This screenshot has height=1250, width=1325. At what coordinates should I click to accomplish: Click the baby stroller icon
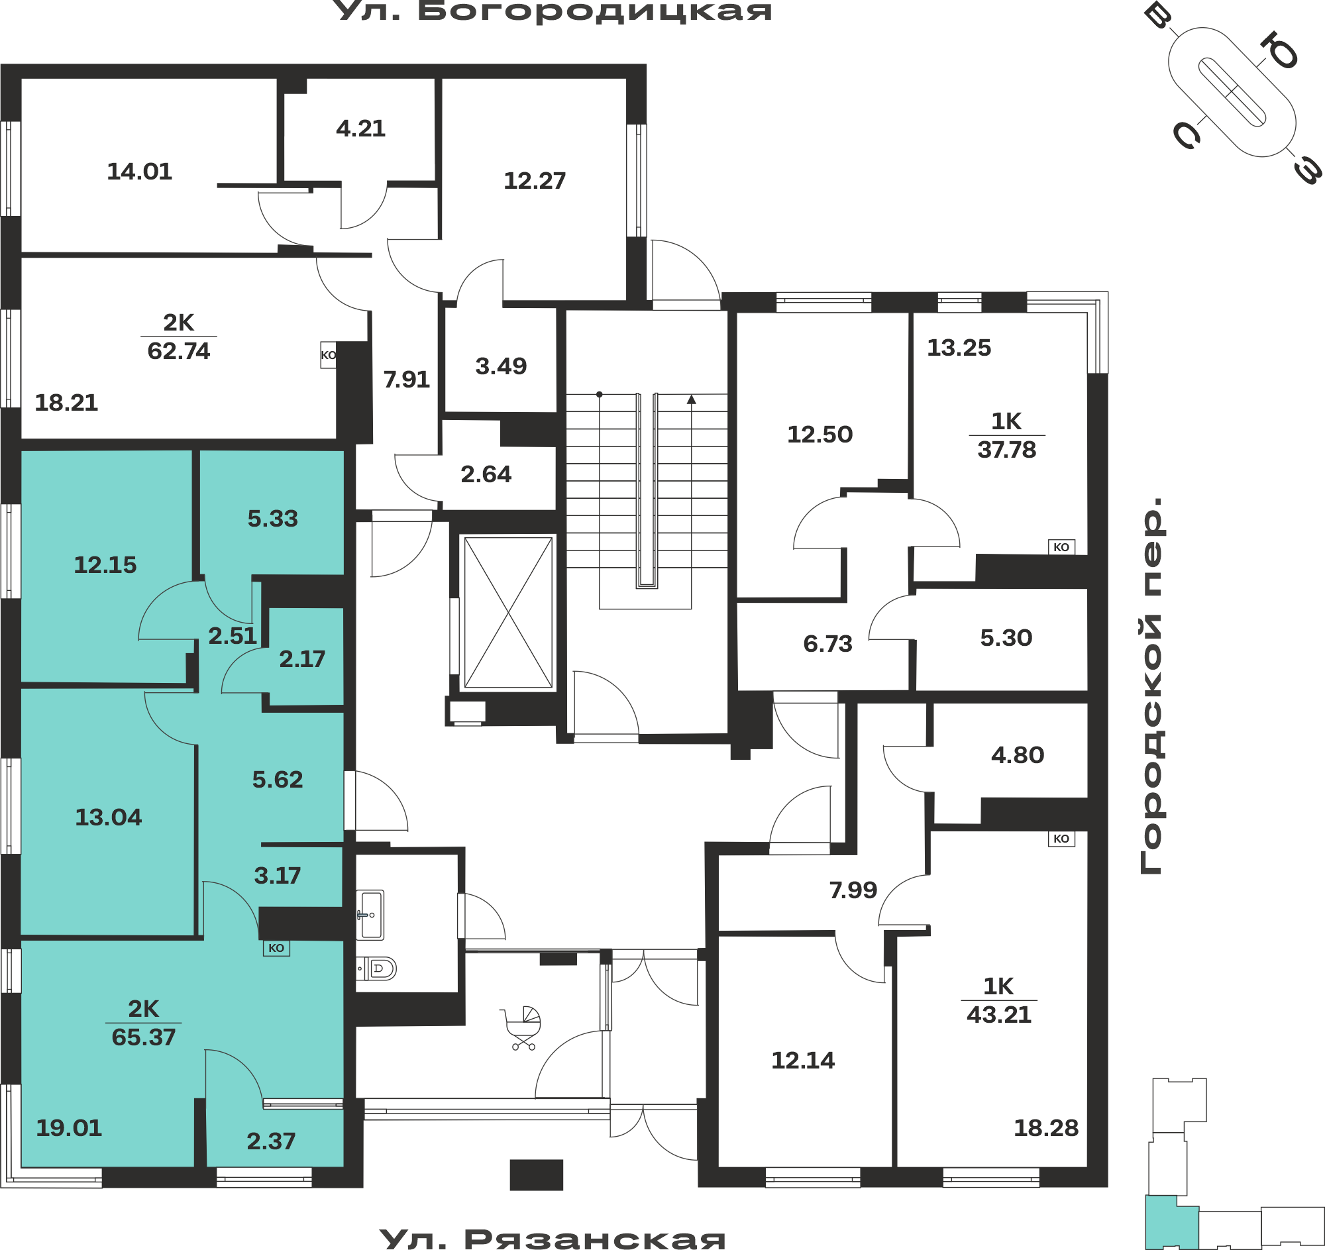(x=521, y=1028)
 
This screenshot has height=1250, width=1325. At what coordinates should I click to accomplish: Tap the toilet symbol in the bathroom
(x=377, y=968)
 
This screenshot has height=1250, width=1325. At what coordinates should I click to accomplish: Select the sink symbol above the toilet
(x=370, y=915)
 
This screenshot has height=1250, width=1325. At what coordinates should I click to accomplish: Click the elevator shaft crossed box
(x=508, y=611)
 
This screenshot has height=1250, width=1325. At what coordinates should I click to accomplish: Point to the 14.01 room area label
(x=139, y=172)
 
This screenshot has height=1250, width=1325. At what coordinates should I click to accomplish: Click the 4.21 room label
(x=360, y=128)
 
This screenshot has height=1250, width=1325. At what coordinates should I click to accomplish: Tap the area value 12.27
(x=535, y=181)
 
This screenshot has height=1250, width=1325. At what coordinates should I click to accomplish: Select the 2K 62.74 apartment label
(x=179, y=337)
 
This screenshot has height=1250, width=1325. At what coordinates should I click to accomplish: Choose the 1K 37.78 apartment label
(x=1006, y=435)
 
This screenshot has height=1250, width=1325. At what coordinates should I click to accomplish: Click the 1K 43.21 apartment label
(x=998, y=1000)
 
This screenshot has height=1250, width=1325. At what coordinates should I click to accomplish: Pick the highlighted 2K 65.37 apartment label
(x=143, y=1023)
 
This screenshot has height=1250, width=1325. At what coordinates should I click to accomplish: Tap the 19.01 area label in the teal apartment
(x=69, y=1127)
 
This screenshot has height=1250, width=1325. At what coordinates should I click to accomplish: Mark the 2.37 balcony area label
(x=270, y=1141)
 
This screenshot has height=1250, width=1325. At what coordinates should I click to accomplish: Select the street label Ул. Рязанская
(x=553, y=1238)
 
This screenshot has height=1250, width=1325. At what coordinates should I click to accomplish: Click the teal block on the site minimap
(x=1171, y=1223)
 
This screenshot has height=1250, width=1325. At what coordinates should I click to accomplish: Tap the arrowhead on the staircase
(x=691, y=399)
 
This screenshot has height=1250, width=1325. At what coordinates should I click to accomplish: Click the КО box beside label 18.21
(x=328, y=355)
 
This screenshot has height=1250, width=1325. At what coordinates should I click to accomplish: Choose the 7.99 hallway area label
(x=853, y=890)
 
